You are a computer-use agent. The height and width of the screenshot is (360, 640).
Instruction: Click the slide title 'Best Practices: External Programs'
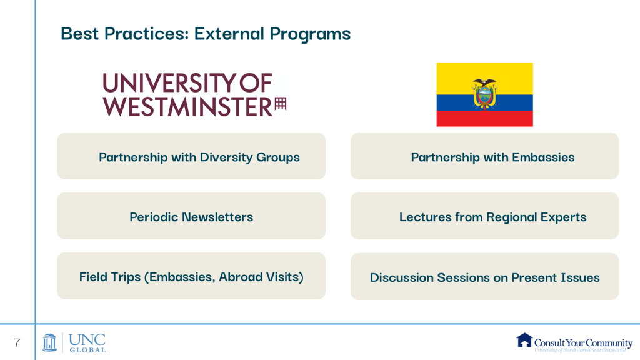pyautogui.click(x=206, y=34)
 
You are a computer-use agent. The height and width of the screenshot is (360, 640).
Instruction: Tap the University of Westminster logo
pyautogui.click(x=194, y=95)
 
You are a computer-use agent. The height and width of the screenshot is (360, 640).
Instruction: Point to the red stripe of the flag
pyautogui.click(x=484, y=118)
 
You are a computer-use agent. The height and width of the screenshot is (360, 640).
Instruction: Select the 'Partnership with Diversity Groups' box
pyautogui.click(x=191, y=156)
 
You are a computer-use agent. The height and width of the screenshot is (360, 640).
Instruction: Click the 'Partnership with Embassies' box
pyautogui.click(x=484, y=156)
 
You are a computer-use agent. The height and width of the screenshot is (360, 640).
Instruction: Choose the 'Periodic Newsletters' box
pyautogui.click(x=191, y=216)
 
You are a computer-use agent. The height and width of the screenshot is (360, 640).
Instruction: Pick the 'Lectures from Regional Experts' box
pyautogui.click(x=484, y=216)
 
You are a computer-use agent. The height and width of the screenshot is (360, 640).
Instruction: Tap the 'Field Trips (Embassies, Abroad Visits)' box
pyautogui.click(x=191, y=276)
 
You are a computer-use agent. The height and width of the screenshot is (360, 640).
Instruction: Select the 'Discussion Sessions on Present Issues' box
pyautogui.click(x=484, y=276)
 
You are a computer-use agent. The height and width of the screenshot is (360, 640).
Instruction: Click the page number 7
pyautogui.click(x=17, y=343)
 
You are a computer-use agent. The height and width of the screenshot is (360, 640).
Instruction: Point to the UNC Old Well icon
pyautogui.click(x=49, y=342)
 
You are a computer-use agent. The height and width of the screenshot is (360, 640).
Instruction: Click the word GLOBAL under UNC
pyautogui.click(x=87, y=350)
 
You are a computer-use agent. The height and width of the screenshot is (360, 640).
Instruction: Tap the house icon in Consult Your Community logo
pyautogui.click(x=524, y=340)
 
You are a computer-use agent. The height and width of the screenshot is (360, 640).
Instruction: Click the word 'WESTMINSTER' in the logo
pyautogui.click(x=187, y=106)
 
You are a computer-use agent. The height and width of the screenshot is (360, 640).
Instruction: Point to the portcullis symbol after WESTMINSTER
pyautogui.click(x=281, y=104)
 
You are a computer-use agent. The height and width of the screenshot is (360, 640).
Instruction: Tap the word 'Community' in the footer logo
pyautogui.click(x=609, y=343)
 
